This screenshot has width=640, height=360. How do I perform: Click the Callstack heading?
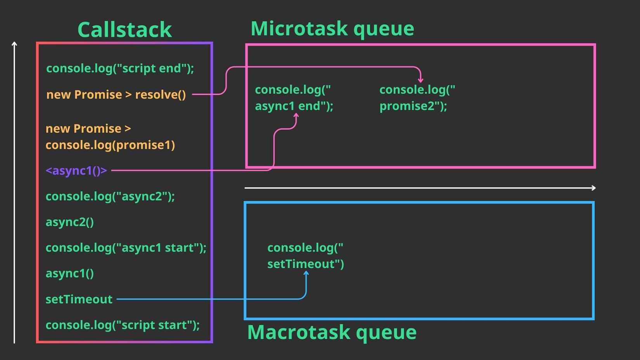point(125,30)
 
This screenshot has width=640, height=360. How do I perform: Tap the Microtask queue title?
point(332,29)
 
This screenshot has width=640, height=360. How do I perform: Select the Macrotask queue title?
point(332,332)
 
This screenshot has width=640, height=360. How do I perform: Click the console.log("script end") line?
point(120,68)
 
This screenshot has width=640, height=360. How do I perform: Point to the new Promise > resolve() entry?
point(116,95)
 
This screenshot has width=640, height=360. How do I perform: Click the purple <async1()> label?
point(76,170)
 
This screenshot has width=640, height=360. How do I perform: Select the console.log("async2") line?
point(110,196)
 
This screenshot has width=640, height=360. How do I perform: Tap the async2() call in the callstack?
point(70,222)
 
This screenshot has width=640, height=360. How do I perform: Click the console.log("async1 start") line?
point(126,248)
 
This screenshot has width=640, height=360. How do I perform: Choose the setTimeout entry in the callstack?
point(79,299)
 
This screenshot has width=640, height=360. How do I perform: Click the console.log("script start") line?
point(122,325)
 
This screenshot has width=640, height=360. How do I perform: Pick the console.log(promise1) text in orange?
point(110,145)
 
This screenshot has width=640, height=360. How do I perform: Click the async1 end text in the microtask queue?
point(294,106)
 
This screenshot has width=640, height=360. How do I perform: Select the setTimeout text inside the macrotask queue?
point(305,264)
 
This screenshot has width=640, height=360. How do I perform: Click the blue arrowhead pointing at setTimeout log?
point(306,273)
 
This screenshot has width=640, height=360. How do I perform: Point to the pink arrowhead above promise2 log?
point(420,81)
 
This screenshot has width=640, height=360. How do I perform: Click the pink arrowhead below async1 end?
point(296,115)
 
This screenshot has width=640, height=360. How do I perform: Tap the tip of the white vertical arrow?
point(14,43)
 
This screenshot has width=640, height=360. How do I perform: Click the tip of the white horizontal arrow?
point(594,188)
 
